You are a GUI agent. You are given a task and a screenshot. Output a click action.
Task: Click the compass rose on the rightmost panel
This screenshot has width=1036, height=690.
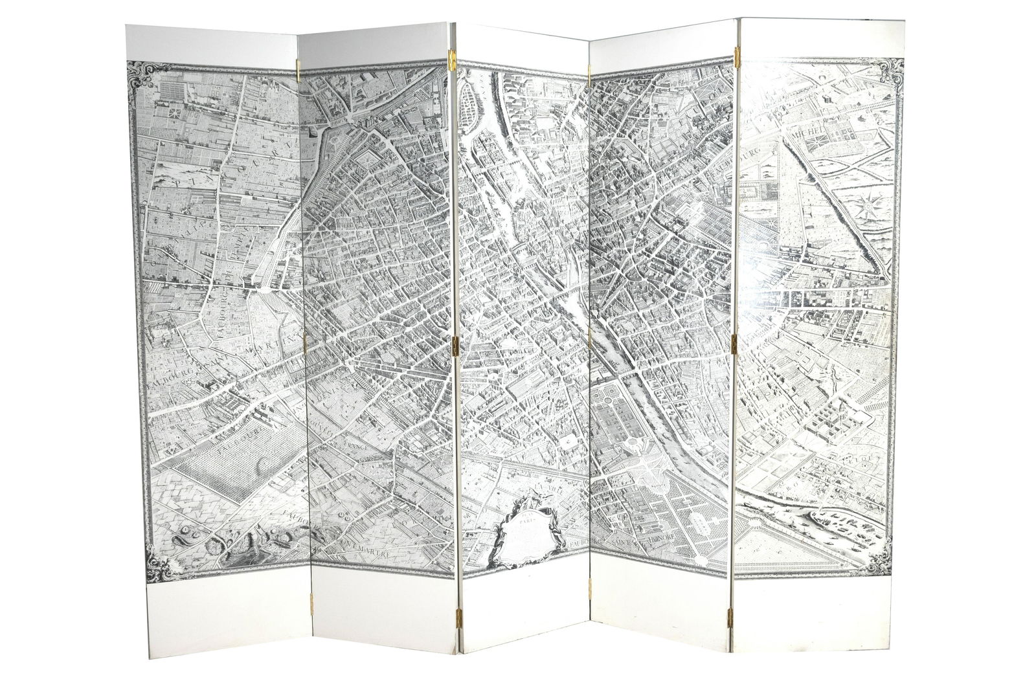tap(866, 205)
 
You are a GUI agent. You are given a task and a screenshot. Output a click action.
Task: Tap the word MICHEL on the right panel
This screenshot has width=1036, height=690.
tap(807, 134)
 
